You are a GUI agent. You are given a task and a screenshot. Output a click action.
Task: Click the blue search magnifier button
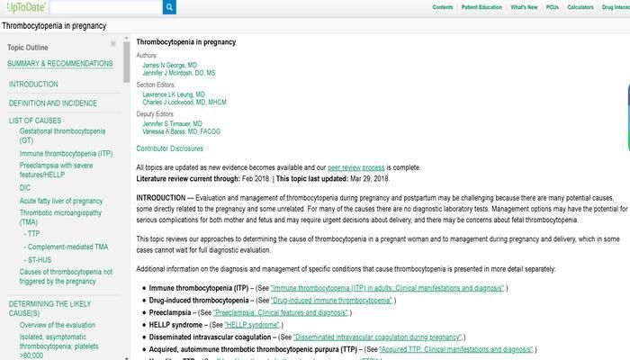[x=169, y=7]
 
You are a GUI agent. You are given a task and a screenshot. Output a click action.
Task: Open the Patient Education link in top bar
[x=482, y=7]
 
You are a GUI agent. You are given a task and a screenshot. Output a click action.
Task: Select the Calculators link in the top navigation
[x=580, y=7]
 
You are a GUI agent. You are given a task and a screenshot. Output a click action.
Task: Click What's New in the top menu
[x=524, y=7]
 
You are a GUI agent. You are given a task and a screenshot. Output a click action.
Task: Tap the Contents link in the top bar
[x=443, y=7]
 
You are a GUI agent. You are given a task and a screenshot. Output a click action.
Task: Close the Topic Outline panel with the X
[x=113, y=43]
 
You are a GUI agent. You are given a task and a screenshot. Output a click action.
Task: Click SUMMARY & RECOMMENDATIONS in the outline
[x=60, y=64]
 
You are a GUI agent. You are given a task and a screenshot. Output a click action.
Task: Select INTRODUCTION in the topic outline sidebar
[x=33, y=85]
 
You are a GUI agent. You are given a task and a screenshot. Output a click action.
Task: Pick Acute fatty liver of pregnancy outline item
[x=61, y=201]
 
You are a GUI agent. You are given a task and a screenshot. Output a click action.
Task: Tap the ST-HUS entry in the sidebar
[x=40, y=259]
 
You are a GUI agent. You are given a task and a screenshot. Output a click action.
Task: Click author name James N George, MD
[x=169, y=66]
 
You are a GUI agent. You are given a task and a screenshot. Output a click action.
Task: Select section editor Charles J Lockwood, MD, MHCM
[x=184, y=103]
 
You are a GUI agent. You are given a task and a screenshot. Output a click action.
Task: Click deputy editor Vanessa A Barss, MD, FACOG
[x=180, y=131]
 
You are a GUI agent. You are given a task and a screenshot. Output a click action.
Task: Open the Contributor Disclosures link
[x=169, y=148]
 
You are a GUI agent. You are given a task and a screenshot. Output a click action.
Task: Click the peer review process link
[x=355, y=167]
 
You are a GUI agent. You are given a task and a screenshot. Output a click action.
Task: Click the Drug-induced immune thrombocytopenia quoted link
[x=331, y=300]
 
